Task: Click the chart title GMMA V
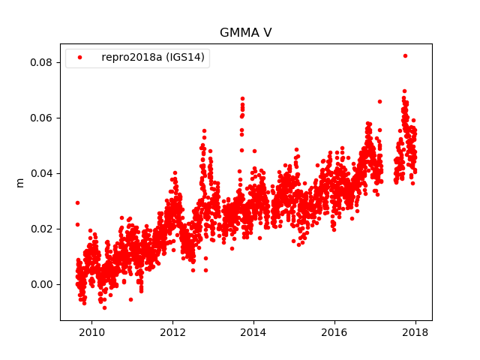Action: [x=245, y=33]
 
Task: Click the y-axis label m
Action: [x=20, y=182]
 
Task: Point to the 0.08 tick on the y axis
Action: [x=41, y=62]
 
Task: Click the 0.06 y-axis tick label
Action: [x=41, y=118]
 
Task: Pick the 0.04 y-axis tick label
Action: [x=41, y=173]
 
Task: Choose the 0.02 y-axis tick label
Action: [x=41, y=229]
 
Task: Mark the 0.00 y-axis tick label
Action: [x=41, y=284]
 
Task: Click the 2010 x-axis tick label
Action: [x=91, y=332]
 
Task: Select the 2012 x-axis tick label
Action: [x=172, y=332]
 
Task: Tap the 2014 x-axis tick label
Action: [x=253, y=332]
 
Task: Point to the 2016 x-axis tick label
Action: [x=334, y=332]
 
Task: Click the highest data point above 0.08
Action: [x=405, y=55]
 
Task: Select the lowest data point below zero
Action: [x=104, y=307]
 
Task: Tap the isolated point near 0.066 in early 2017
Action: [x=379, y=101]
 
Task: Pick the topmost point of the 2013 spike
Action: [x=242, y=98]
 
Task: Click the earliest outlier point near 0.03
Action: [x=77, y=202]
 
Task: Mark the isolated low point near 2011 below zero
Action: [x=130, y=299]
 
